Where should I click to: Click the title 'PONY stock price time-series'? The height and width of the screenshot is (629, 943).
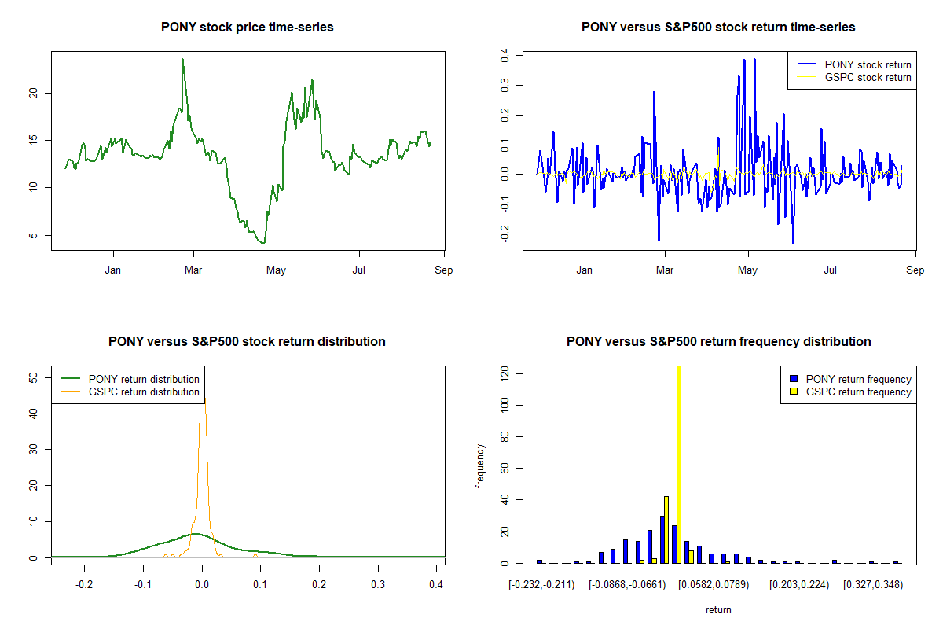click(247, 28)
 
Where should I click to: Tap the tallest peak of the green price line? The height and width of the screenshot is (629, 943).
click(182, 60)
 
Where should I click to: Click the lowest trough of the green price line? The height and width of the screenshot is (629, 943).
click(263, 242)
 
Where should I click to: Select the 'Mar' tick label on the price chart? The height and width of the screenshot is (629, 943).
click(193, 270)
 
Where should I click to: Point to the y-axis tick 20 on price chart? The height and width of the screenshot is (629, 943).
click(33, 93)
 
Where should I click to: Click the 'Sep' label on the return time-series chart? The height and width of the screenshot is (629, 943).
click(915, 270)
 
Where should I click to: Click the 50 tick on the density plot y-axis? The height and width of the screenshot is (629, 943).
click(33, 377)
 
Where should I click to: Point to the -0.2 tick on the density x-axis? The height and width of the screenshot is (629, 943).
click(84, 585)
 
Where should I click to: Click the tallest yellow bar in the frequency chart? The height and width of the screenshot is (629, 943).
click(678, 464)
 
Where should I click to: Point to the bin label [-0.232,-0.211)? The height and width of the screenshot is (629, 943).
click(541, 585)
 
